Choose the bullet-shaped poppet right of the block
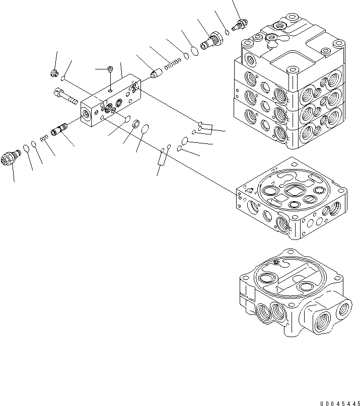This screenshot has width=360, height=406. pyautogui.click(x=156, y=74)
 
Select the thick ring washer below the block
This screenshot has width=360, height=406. pyautogui.click(x=135, y=123)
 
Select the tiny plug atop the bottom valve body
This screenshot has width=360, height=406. pyautogui.click(x=275, y=263)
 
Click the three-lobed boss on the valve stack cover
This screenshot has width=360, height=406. pyautogui.click(x=272, y=37)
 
